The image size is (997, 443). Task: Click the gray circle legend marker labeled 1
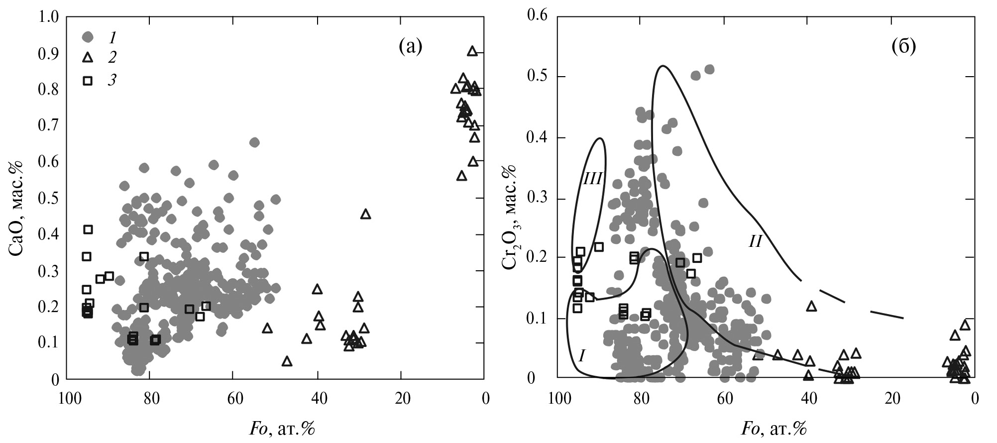pos(88,36)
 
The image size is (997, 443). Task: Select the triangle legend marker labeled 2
pos(88,58)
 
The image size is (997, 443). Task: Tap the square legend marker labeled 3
pos(88,81)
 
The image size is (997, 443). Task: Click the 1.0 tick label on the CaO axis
pos(48,17)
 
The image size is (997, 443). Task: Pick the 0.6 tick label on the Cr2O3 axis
pos(538,16)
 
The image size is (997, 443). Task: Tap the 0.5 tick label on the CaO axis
pos(48,199)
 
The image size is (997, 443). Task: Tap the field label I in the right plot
pos(582,355)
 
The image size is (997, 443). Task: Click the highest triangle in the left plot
pos(472,51)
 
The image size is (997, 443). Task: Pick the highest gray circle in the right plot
pos(709,69)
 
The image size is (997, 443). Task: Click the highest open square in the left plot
pos(88,229)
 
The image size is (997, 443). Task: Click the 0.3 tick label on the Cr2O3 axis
pos(538,198)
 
